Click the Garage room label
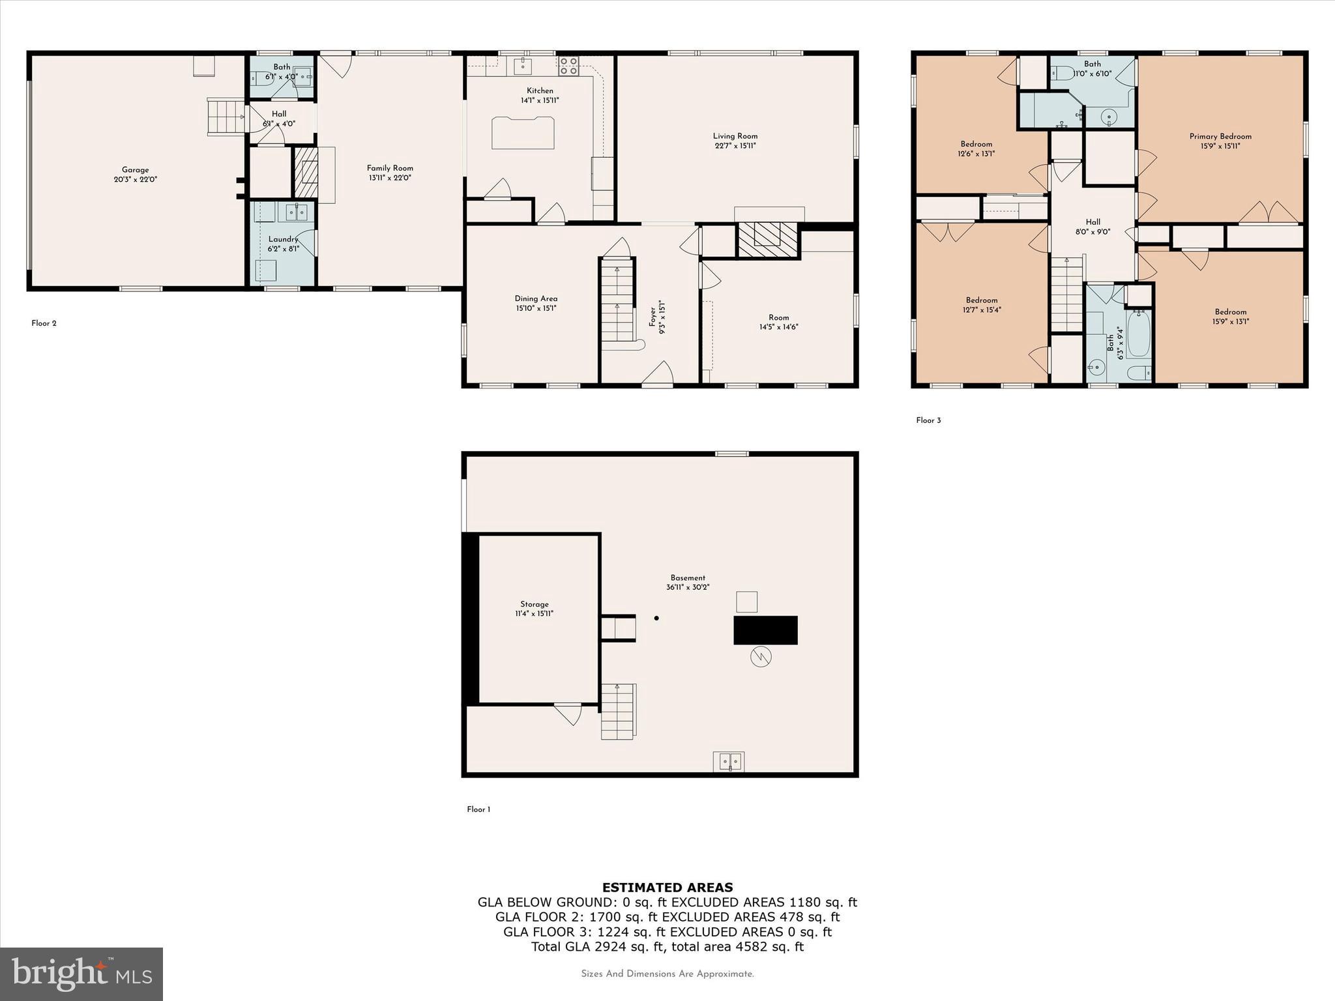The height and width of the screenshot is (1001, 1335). click(135, 170)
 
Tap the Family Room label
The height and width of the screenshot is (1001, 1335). click(390, 168)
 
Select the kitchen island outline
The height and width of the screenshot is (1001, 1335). click(523, 132)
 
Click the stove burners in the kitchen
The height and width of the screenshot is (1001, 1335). click(568, 65)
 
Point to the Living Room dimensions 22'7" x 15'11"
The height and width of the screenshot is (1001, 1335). click(735, 146)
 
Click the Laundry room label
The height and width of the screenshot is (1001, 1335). click(283, 239)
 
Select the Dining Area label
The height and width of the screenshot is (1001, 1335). click(536, 298)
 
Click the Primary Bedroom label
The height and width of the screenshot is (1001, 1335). click(1220, 136)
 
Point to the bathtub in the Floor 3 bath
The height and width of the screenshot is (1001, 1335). click(1139, 334)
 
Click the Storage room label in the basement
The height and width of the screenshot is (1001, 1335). click(534, 604)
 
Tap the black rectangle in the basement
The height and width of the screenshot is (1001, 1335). click(765, 630)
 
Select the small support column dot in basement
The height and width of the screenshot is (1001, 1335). click(656, 618)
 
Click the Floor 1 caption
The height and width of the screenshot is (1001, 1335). click(478, 809)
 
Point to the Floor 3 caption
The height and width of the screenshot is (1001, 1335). click(928, 420)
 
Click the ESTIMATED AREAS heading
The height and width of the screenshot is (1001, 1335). click(667, 887)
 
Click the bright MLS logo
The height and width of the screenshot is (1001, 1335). click(81, 974)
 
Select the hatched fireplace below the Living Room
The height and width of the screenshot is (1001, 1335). click(768, 240)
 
